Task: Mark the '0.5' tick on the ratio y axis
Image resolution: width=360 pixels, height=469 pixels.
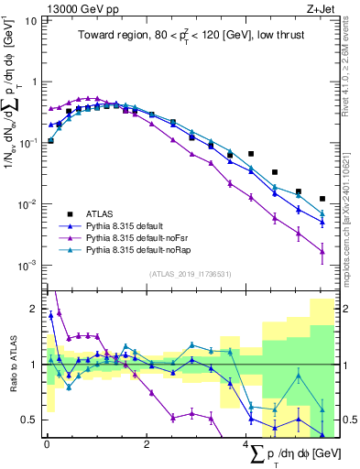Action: click(x=28, y=420)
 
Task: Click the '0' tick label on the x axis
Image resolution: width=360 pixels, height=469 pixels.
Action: click(x=46, y=444)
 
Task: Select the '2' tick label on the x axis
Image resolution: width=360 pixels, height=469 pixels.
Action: click(x=146, y=444)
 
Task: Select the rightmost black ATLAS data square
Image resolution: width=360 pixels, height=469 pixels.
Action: click(x=322, y=199)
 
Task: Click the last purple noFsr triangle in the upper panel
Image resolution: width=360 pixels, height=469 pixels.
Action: click(x=322, y=251)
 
